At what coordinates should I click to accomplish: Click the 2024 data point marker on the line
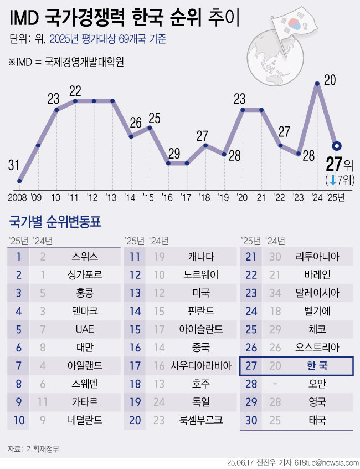[317, 84]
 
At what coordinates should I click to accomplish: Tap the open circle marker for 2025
[336, 146]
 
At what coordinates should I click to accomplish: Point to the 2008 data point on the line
[20, 181]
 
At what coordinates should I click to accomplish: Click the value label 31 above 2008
[14, 165]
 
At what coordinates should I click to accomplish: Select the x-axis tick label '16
[168, 197]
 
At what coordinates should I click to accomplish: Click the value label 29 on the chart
[174, 153]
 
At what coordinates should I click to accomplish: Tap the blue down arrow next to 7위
[332, 180]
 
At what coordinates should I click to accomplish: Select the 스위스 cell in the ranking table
[85, 256]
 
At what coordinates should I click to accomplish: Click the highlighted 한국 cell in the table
[317, 366]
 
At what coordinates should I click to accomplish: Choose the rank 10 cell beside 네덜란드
[19, 420]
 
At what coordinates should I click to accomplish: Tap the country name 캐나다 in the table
[200, 256]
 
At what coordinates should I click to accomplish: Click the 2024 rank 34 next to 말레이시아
[273, 293]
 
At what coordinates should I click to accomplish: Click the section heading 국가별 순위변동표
[55, 223]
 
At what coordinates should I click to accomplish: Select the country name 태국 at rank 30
[317, 420]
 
